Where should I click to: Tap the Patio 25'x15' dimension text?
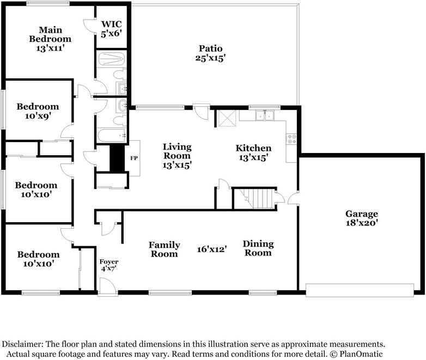point(210,58)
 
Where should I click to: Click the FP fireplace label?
point(133,158)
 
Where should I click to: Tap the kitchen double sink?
point(265,115)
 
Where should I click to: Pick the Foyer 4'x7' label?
point(109,265)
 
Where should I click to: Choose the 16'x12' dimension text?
point(212,249)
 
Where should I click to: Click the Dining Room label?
point(258,248)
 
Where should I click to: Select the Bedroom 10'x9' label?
point(37,111)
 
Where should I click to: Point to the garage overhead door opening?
point(360,290)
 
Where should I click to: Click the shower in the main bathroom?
point(111,58)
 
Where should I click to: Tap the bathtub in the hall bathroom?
point(111,135)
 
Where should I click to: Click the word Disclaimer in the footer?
point(22,344)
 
